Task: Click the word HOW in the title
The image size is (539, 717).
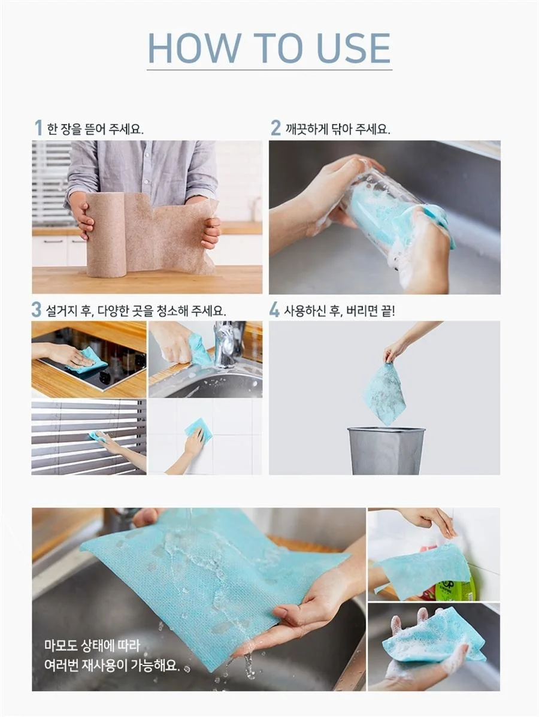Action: coord(194,47)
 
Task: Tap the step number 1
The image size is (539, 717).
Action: coord(38,128)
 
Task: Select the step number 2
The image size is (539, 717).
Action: coord(275,128)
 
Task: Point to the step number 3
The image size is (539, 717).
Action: coord(37,310)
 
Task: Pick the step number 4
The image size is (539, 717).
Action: coord(274,310)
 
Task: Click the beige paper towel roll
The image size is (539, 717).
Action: coord(106,234)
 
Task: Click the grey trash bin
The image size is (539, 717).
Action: coord(386,450)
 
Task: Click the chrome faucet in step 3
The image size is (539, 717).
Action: coord(226,344)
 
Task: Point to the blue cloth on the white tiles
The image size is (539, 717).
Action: coord(199,430)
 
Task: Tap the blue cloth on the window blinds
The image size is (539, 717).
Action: coord(96,436)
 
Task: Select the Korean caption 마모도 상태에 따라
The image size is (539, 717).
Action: coord(92,646)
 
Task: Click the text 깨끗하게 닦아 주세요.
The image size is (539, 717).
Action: coord(337,129)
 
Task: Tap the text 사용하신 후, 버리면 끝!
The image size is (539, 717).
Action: coord(339,311)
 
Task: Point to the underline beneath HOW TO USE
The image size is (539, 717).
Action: coord(269,70)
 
